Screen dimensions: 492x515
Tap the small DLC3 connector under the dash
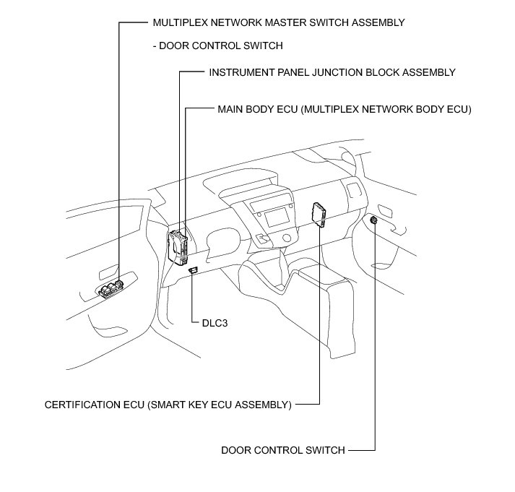pyautogui.click(x=193, y=270)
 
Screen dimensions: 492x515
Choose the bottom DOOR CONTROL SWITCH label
pyautogui.click(x=282, y=450)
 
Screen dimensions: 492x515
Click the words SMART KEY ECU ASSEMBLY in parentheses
pyautogui.click(x=220, y=405)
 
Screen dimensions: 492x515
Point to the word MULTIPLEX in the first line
pyautogui.click(x=181, y=22)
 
